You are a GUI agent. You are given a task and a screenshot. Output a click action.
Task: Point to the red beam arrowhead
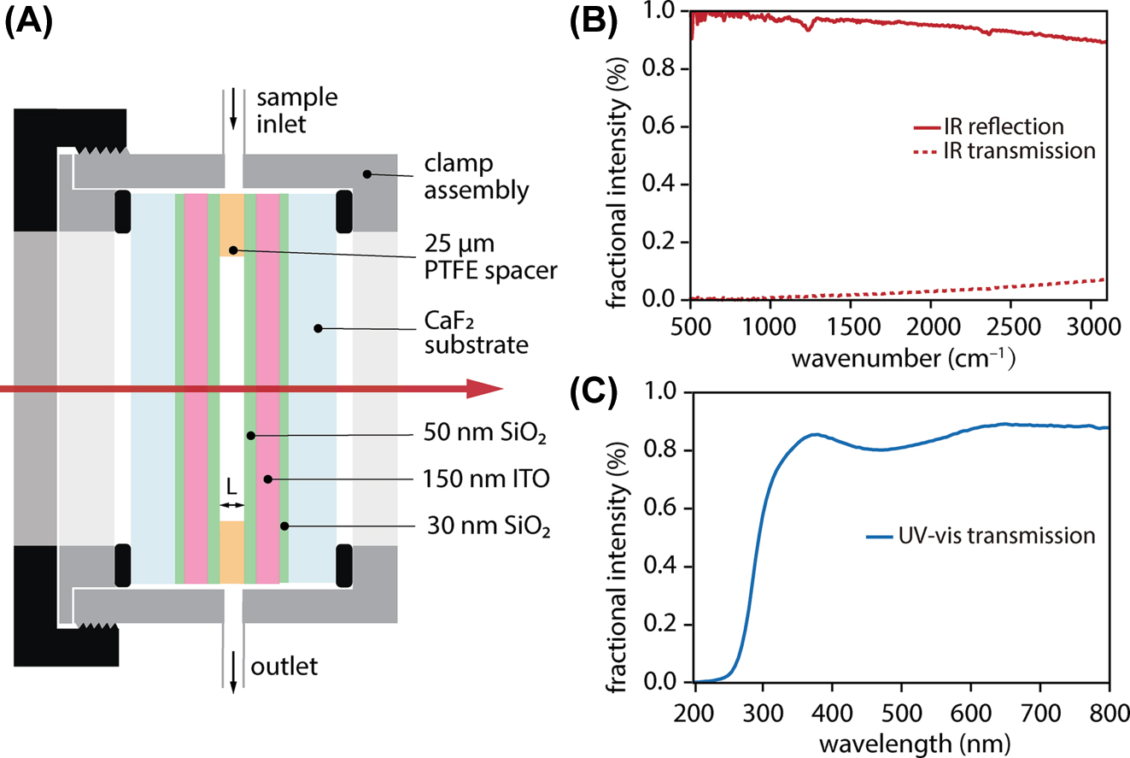pos(483,390)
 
